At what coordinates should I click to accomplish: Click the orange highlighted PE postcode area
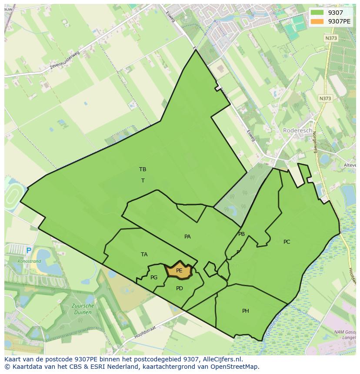coord(179,270)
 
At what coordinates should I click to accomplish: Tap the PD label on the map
coord(180,288)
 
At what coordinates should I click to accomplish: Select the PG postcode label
coord(154,278)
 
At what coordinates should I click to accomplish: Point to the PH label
coord(246,311)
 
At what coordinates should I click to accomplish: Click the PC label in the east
coord(287,242)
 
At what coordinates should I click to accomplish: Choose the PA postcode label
coord(187,237)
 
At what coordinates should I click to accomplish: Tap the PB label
coord(241,234)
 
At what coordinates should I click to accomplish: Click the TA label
coord(144,255)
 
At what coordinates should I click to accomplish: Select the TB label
coord(143,169)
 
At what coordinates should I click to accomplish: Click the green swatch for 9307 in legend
coord(317,13)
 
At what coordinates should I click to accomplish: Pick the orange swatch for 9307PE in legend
coord(317,21)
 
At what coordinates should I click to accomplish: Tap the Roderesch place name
coord(297,130)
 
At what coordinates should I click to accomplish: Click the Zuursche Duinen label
coord(82,309)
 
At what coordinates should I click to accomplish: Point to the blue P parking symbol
coord(29,251)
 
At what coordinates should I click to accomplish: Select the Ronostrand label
coord(29,261)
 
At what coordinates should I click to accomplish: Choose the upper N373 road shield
coord(331,38)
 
